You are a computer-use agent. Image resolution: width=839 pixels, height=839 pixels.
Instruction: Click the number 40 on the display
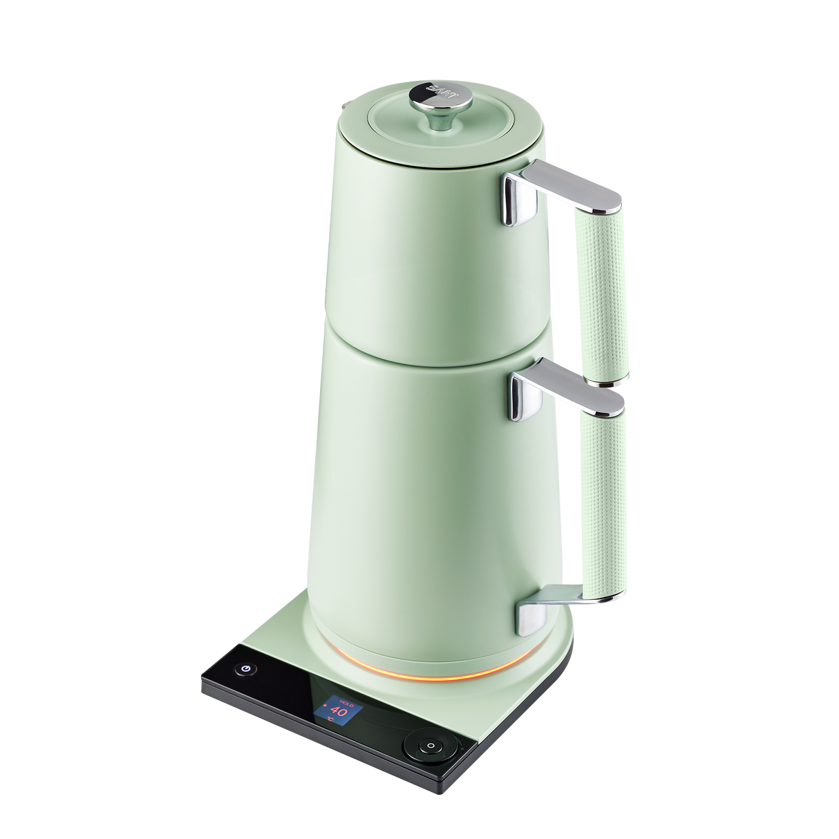pyautogui.click(x=339, y=710)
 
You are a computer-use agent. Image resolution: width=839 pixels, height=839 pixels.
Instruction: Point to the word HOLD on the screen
pyautogui.click(x=346, y=699)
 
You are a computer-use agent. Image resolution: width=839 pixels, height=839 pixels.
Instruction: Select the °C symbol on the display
pyautogui.click(x=330, y=720)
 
